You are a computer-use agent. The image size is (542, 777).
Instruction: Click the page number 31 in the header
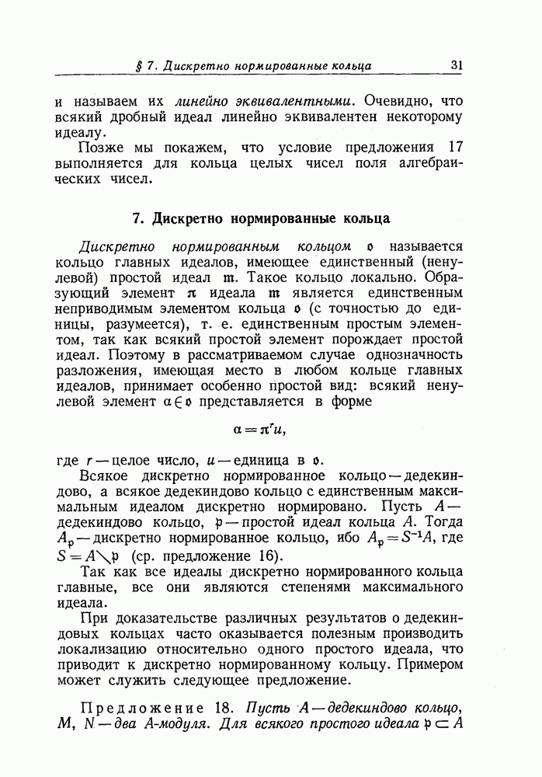(x=456, y=65)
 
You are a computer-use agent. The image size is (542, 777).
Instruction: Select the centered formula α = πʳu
(x=265, y=428)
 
